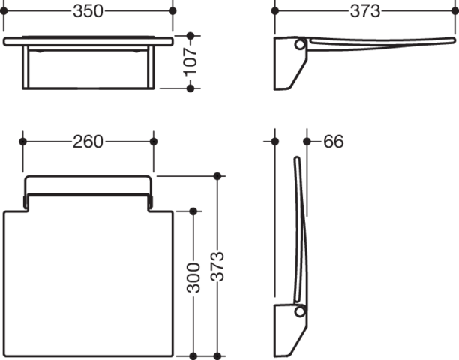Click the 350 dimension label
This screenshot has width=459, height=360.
coord(88,11)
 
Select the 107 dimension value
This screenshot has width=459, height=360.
coord(190,61)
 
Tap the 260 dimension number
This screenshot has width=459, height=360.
coord(88,142)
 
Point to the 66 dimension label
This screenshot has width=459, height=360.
coord(334,142)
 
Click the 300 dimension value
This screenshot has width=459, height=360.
coord(193,277)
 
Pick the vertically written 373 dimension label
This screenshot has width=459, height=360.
coord(217,266)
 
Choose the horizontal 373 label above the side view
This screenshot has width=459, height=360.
coord(365,11)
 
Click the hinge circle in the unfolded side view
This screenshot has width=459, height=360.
coord(299,45)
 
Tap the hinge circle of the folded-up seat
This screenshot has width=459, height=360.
coord(299,311)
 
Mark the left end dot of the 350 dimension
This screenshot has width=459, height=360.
coord(4,11)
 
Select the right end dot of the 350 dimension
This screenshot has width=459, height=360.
coord(172,11)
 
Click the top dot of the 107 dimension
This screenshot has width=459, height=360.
coord(190,36)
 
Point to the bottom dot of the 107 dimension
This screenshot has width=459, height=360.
coord(190,88)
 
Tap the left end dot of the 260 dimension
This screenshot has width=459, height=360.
coord(22,142)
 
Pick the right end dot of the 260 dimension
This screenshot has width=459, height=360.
coord(154,142)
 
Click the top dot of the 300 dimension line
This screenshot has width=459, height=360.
coord(193,211)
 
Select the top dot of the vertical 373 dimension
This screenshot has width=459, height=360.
coord(217,176)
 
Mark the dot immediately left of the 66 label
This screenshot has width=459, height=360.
coord(307,142)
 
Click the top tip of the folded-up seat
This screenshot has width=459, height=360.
coord(297,157)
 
